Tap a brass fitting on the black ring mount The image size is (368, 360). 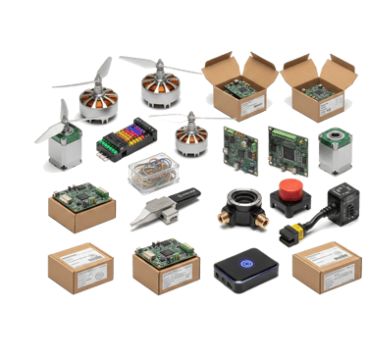point(261,224)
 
